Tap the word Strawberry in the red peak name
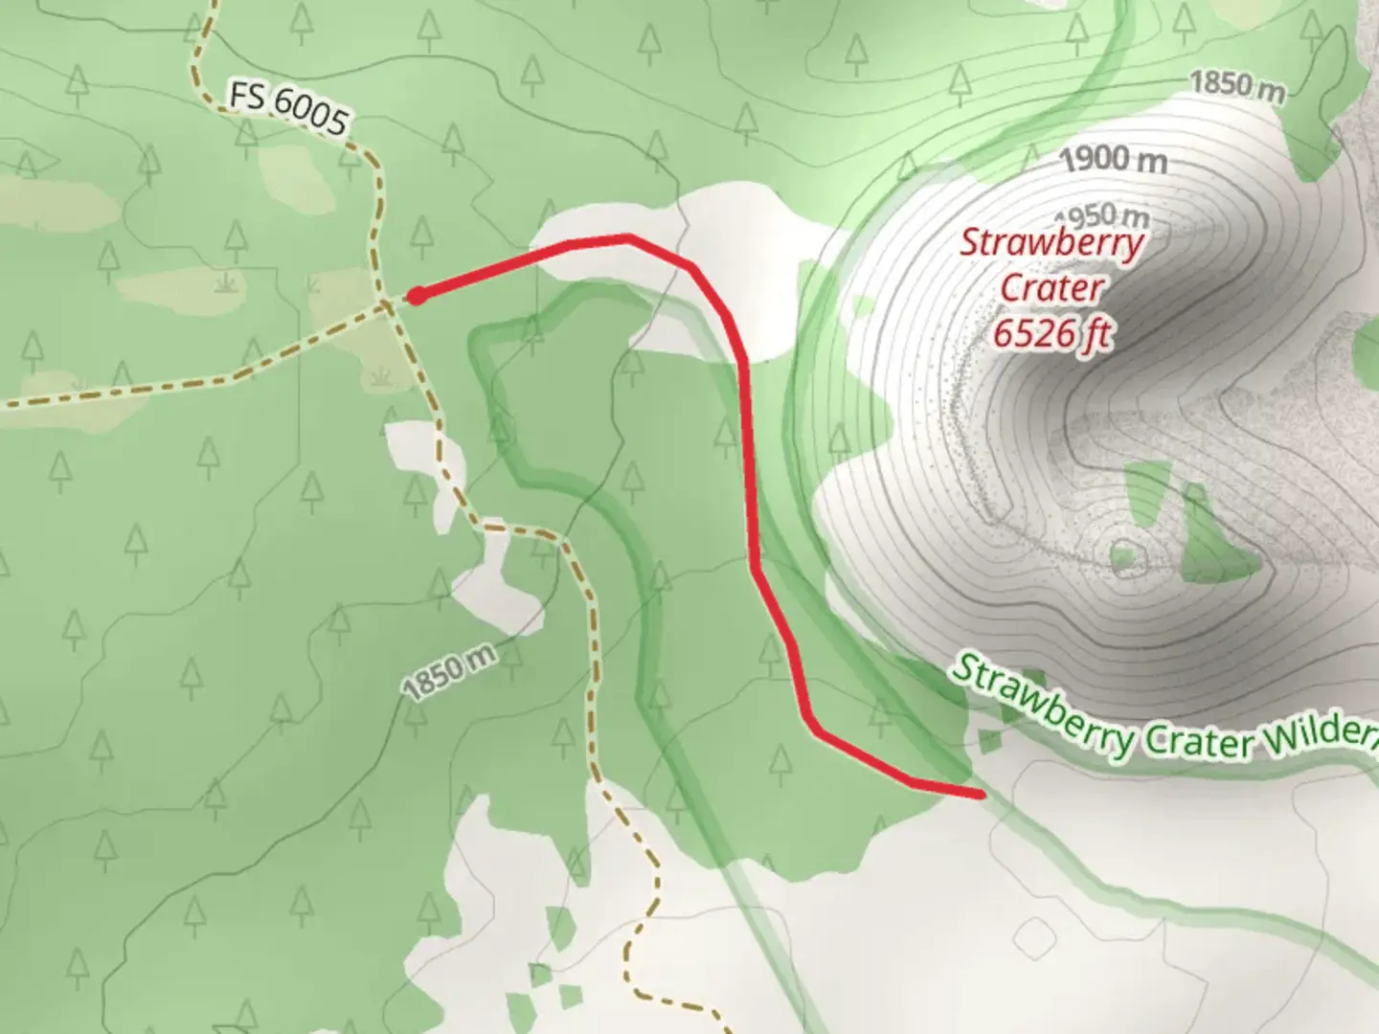pos(1051,242)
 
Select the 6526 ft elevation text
pos(1051,333)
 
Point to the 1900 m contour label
pos(1114,158)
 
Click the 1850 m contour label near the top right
pos(1236,85)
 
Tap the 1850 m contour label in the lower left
pos(449,673)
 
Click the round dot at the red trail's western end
pos(417,297)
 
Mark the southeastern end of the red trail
pos(979,794)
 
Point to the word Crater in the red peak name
pos(1051,287)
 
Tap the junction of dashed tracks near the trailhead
pos(387,305)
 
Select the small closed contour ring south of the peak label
pos(1126,557)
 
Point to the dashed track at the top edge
pos(210,8)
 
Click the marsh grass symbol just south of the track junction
pos(382,374)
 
